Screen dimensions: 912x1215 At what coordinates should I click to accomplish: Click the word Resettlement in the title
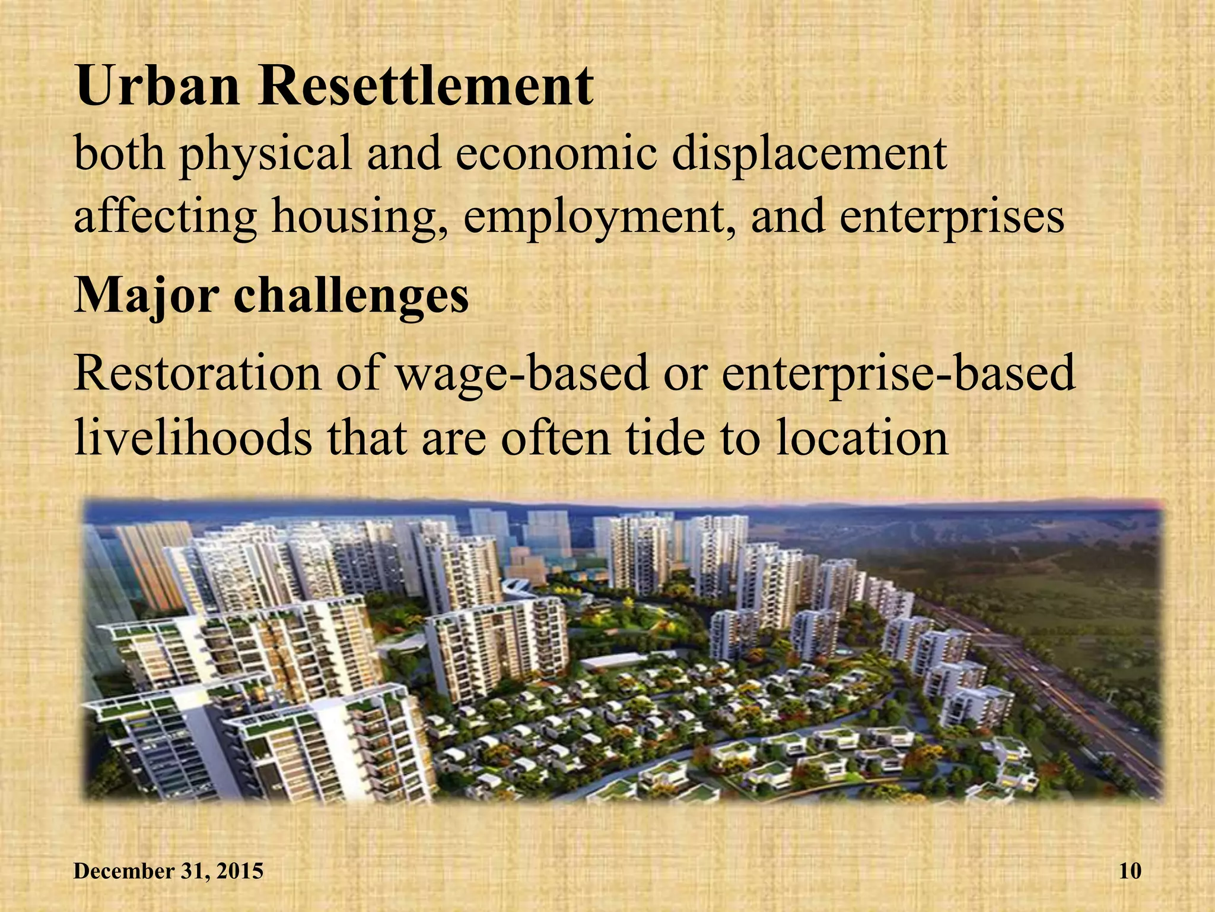point(425,87)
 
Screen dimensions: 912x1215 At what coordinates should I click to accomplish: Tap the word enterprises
point(952,218)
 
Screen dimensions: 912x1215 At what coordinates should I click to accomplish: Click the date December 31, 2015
point(168,871)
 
